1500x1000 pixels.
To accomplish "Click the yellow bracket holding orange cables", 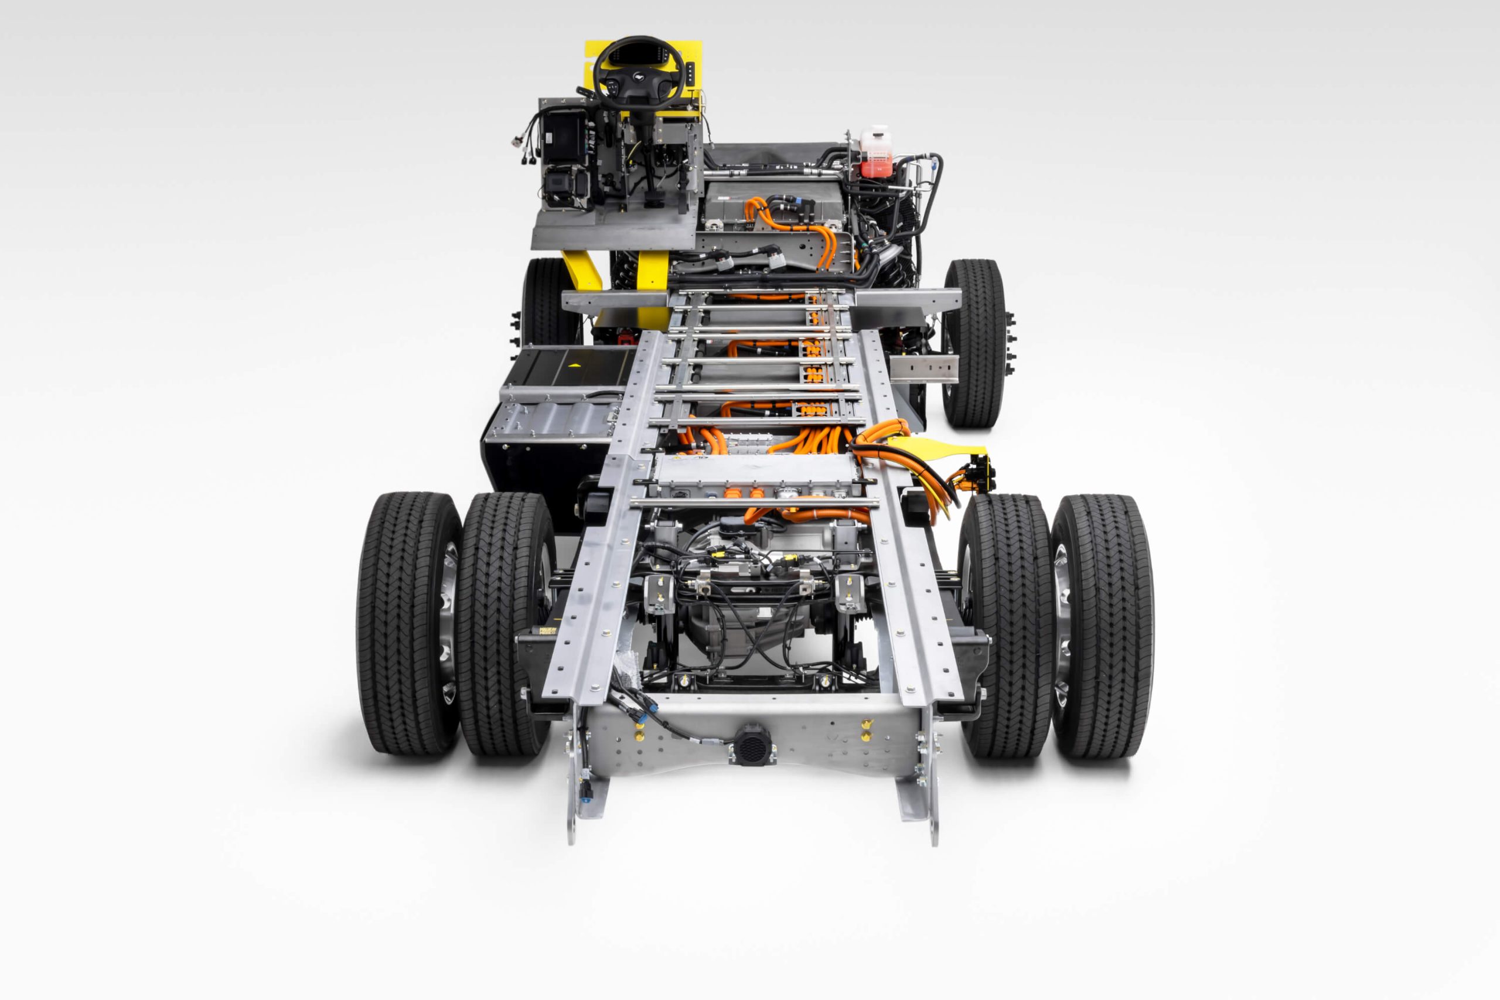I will point(937,447).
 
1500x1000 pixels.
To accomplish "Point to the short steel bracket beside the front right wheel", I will point(923,369).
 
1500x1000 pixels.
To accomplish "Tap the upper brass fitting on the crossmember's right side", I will point(865,725).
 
